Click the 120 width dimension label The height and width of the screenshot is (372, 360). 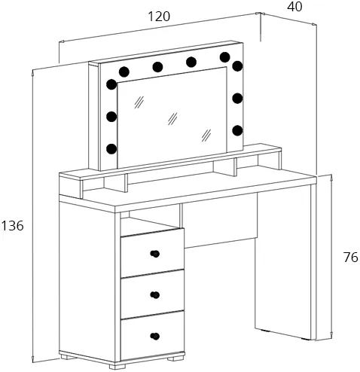(x=159, y=17)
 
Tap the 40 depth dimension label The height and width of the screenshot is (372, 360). (x=294, y=7)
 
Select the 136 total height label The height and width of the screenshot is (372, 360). (x=13, y=225)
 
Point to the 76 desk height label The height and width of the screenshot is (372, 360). (x=351, y=257)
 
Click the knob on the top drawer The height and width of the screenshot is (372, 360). (x=155, y=254)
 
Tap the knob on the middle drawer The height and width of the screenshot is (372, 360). (x=155, y=294)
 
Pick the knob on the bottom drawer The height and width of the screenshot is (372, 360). (x=155, y=336)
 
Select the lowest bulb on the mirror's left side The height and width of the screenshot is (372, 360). (x=111, y=149)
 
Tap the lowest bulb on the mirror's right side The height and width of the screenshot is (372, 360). (x=237, y=130)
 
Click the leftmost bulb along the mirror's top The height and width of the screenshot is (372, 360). (x=124, y=72)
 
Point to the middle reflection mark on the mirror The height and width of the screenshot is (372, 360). (x=172, y=118)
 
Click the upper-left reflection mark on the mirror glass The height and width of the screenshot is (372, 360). (x=139, y=102)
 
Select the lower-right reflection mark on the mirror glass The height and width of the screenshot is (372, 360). (x=206, y=136)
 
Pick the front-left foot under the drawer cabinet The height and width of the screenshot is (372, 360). (x=117, y=366)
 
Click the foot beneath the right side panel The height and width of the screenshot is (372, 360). (x=305, y=339)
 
